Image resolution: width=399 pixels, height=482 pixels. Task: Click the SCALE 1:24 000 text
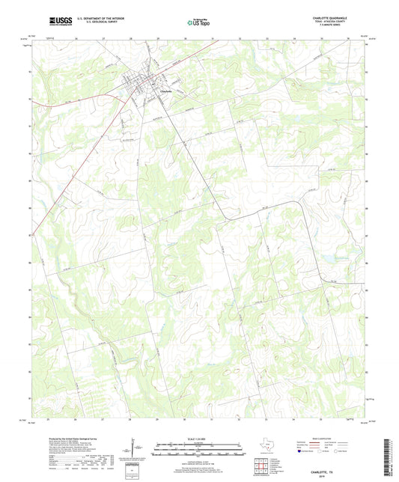tap(199, 439)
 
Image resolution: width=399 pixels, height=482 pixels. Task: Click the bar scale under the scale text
tap(199, 451)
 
